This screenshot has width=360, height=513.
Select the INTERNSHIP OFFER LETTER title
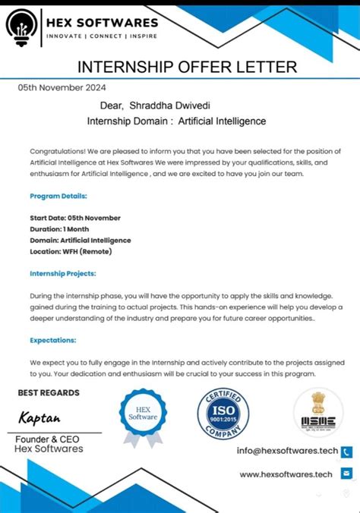click(188, 67)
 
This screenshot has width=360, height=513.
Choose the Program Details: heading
click(58, 196)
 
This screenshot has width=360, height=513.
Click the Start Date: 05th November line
click(75, 218)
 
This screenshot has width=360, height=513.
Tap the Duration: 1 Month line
click(59, 229)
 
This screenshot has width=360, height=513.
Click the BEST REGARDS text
click(49, 392)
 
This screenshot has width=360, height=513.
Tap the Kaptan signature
click(40, 418)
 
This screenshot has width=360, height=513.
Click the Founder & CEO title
click(47, 439)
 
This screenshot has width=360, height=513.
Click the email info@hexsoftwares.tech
click(287, 451)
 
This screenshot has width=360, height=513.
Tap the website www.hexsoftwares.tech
click(286, 474)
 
